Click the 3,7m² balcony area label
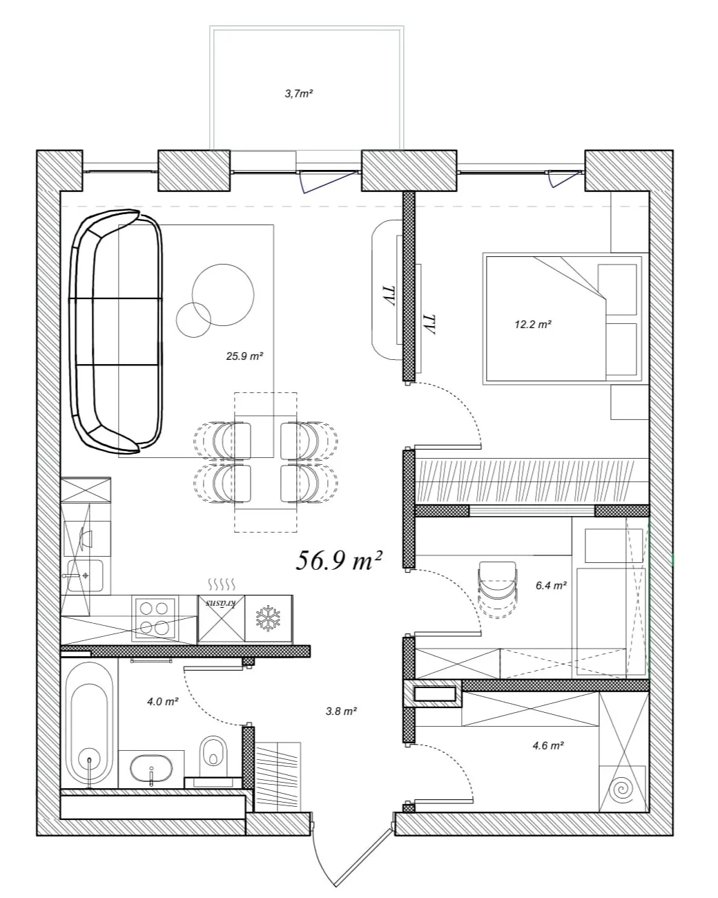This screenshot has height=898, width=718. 299,93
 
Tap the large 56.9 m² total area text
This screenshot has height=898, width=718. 339,560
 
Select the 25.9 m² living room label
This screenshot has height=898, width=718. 244,356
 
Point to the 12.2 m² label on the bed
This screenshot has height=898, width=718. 533,324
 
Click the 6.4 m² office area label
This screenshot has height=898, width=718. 551,586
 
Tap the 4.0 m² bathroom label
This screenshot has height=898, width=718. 163,701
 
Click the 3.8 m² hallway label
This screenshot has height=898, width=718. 341,711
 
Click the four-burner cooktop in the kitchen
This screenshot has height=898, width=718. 154,618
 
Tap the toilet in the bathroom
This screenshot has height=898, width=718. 213,756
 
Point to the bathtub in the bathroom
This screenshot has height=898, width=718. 90,725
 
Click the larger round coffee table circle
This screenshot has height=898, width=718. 223,294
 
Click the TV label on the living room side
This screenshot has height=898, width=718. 392,295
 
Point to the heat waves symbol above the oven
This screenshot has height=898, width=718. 222,584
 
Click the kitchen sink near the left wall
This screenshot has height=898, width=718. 84,575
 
